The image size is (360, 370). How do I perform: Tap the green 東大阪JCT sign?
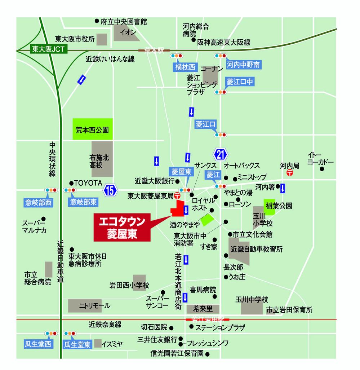[48, 49]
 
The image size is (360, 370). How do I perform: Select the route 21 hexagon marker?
[221, 155]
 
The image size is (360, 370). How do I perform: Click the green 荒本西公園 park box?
[92, 129]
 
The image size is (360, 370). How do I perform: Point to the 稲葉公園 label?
[278, 206]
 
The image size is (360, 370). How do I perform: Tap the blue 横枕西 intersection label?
[185, 67]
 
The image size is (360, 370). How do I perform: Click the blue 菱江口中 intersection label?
[240, 82]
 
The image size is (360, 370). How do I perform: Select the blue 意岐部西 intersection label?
[38, 203]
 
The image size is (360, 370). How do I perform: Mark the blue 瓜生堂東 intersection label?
[77, 344]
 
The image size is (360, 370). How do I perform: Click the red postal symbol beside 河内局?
[290, 173]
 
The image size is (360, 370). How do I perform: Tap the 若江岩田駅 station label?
[207, 320]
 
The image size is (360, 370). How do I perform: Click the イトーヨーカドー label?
[320, 158]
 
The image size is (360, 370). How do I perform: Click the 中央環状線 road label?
[53, 159]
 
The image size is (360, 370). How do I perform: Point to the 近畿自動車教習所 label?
[257, 249]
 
